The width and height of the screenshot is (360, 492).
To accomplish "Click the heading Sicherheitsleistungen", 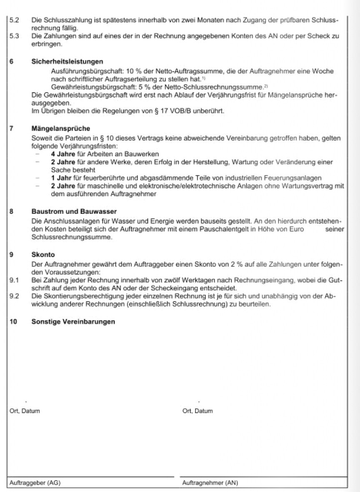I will coord(61,62).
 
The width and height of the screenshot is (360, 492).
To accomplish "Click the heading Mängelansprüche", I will coord(61,129).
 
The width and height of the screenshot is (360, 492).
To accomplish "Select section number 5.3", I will coord(14,36).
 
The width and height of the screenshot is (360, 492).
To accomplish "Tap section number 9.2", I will coord(14,297).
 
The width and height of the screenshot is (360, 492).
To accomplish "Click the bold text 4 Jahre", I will coord(61,153).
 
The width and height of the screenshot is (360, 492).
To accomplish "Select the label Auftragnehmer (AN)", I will coord(210,483).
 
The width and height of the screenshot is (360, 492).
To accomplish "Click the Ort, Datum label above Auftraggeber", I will coord(25,411).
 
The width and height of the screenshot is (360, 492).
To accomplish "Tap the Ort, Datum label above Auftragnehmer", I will coord(197,411).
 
